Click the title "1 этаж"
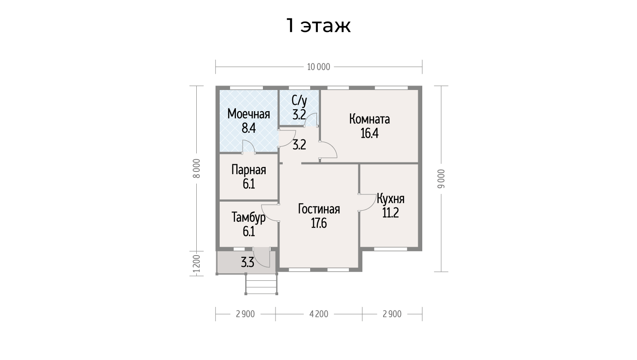pyautogui.click(x=318, y=26)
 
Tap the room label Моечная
pyautogui.click(x=248, y=114)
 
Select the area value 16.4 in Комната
pyautogui.click(x=370, y=133)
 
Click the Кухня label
pyautogui.click(x=390, y=199)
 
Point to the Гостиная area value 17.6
pyautogui.click(x=319, y=223)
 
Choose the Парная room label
pyautogui.click(x=248, y=170)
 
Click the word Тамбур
pyautogui.click(x=248, y=217)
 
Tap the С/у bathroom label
pyautogui.click(x=299, y=100)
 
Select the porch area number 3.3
pyautogui.click(x=248, y=262)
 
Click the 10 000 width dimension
pyautogui.click(x=319, y=67)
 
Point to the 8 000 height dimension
pyautogui.click(x=197, y=168)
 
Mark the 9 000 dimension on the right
pyautogui.click(x=441, y=179)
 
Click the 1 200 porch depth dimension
pyautogui.click(x=197, y=263)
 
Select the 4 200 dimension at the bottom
pyautogui.click(x=319, y=314)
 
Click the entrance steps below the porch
pyautogui.click(x=262, y=283)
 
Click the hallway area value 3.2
pyautogui.click(x=299, y=145)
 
